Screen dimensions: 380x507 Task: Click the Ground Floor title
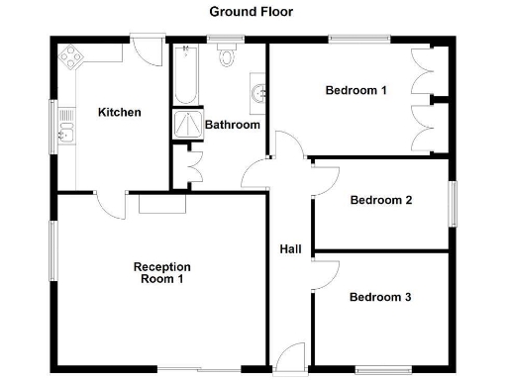coord(251,12)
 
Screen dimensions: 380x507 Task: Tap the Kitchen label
coord(119,112)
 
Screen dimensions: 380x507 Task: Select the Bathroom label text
coord(232,125)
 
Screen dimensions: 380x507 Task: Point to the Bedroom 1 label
coord(355,90)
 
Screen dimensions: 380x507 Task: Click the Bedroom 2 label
coord(381,200)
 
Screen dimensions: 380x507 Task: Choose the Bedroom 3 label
coord(380,297)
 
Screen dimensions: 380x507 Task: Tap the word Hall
coord(290,249)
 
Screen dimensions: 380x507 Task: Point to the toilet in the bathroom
coord(227,54)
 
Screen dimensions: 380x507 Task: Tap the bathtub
coord(185,74)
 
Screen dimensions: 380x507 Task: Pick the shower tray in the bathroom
coord(185,123)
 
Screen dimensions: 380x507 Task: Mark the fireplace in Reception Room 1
coord(162,204)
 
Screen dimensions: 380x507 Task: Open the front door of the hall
coord(289,356)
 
